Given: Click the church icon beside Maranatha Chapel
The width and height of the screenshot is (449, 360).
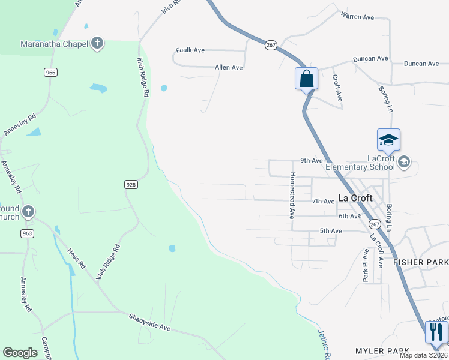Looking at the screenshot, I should (97, 43).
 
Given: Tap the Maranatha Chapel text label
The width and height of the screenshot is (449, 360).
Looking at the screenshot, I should (54, 43).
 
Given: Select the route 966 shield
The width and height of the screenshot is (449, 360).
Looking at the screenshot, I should (50, 72).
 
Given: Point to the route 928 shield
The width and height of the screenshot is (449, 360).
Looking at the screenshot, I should (131, 184).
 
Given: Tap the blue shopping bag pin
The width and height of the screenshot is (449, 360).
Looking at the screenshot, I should (306, 79).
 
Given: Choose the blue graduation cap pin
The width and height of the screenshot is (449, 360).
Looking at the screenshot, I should (388, 140).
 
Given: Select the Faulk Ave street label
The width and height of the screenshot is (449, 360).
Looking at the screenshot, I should (190, 50).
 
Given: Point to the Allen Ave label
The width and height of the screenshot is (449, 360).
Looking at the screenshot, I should (229, 68).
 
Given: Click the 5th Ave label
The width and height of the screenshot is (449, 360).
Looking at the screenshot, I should (330, 230).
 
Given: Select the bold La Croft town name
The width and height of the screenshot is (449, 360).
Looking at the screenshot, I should (355, 197).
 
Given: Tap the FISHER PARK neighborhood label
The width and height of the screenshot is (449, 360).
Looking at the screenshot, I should (421, 262).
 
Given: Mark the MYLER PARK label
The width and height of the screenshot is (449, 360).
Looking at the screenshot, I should (382, 350).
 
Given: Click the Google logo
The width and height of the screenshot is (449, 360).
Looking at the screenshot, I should (20, 353).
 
